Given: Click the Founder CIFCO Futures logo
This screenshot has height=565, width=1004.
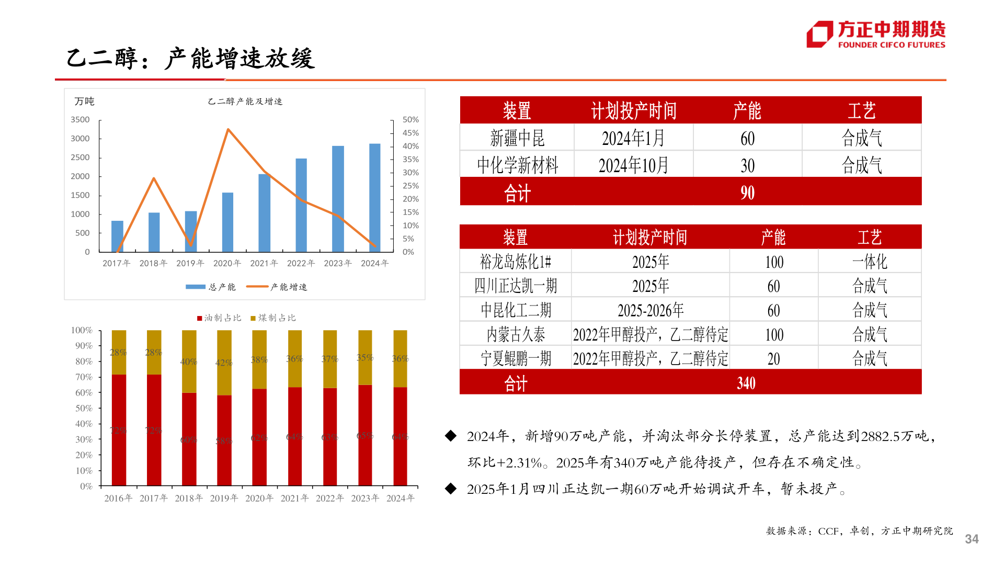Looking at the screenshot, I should tap(876, 35).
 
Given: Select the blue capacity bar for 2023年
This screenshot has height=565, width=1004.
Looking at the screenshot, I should tap(338, 199).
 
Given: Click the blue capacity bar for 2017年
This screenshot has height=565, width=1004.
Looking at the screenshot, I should tap(117, 236).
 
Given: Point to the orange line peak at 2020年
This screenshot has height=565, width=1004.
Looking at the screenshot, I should tap(228, 129).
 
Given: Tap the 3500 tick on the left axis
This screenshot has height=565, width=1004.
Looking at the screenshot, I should tap(80, 120).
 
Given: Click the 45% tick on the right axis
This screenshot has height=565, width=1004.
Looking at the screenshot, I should tap(410, 133).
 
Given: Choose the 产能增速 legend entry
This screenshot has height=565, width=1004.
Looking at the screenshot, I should tap(277, 287).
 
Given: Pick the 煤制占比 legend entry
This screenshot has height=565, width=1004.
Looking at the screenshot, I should tap(273, 318).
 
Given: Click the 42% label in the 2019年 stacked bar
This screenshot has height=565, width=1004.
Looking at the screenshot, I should tap(224, 363).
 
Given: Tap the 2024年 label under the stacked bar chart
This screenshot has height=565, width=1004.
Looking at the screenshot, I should tap(400, 499).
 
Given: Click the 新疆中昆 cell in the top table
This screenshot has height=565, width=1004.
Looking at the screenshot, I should tap(517, 138).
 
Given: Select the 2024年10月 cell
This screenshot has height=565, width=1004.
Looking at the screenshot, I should tap(633, 165).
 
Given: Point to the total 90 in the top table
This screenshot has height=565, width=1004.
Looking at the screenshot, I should tap(747, 193).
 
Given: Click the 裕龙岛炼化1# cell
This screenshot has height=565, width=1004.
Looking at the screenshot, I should tap(516, 262).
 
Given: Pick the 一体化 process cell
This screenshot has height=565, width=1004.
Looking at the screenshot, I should tap(870, 262).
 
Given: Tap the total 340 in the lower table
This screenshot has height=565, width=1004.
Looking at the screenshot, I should tap(746, 383).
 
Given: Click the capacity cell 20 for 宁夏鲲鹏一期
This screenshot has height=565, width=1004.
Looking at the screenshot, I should tap(773, 359).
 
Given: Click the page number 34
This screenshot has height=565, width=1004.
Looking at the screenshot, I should tap(972, 539).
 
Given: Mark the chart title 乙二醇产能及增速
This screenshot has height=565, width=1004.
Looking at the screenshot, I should tap(245, 101).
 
